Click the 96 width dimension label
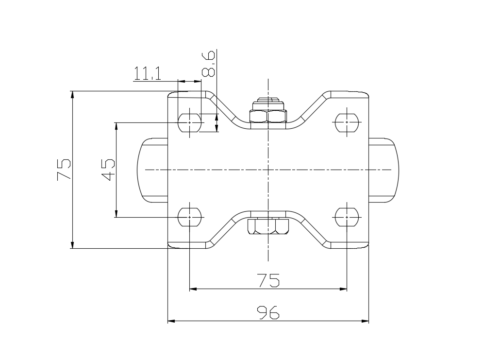[268, 312]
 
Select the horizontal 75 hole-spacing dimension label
[268, 280]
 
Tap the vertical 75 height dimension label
[64, 170]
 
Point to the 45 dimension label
[108, 170]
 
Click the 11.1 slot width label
[147, 73]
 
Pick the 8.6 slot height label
[208, 64]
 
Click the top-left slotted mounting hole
[189, 122]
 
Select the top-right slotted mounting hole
[347, 122]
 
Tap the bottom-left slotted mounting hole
[189, 217]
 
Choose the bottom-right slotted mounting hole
[347, 217]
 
